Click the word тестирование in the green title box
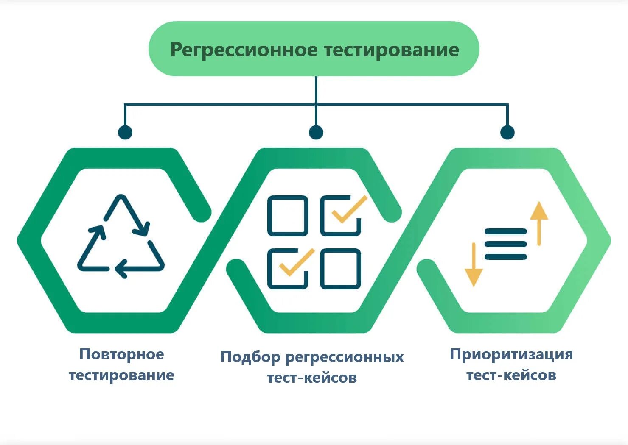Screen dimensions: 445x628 click(x=391, y=50)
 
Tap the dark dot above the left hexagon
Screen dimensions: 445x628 click(x=125, y=132)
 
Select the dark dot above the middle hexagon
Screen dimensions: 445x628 click(x=316, y=132)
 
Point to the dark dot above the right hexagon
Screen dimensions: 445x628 click(x=507, y=132)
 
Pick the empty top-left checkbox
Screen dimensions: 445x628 click(x=288, y=215)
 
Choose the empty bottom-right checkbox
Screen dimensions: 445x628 click(x=341, y=268)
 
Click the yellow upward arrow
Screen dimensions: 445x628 click(x=539, y=223)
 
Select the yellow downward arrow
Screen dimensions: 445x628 click(x=474, y=264)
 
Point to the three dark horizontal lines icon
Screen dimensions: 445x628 click(x=506, y=244)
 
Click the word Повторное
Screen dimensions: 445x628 click(x=121, y=354)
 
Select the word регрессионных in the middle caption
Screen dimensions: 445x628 click(x=344, y=357)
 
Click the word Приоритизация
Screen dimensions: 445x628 click(x=511, y=354)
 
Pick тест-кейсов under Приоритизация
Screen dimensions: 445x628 click(x=511, y=375)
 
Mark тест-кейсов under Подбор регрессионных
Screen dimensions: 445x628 click(x=312, y=377)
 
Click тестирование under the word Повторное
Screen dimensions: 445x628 click(x=121, y=375)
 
